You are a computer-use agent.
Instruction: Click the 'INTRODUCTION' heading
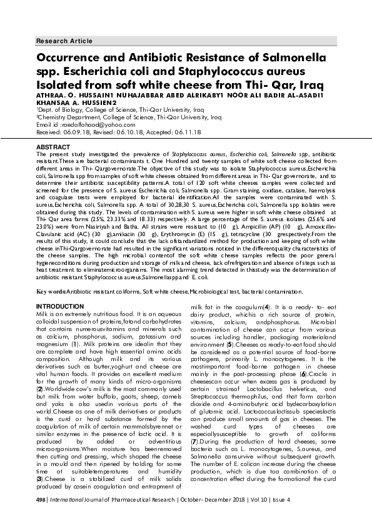click(57, 307)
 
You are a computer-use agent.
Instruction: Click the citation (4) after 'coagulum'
click(266, 307)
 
